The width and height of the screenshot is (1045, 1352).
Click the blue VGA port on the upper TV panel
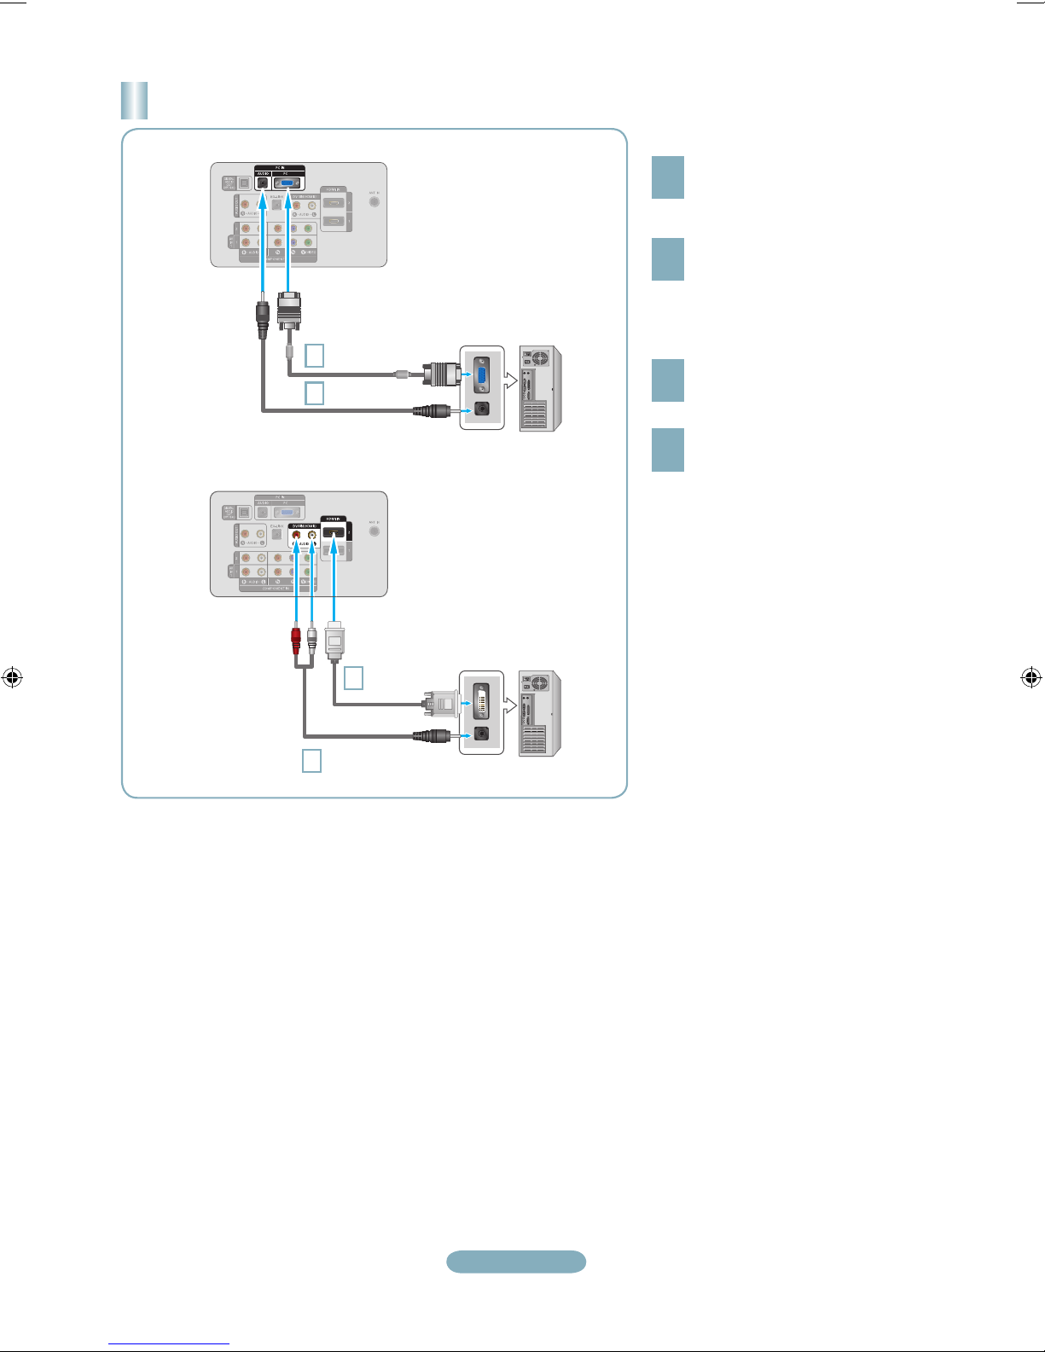pos(289,183)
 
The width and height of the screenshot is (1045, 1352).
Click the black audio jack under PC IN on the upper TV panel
pos(263,183)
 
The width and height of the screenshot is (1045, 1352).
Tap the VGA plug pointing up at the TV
pos(289,310)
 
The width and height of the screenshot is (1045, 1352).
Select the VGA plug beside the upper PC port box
pos(442,374)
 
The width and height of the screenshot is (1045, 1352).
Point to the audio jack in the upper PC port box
pos(482,409)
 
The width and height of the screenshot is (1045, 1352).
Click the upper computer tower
pos(541,388)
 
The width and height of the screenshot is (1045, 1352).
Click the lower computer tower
pos(541,713)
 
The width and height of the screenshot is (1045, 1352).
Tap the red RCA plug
pos(296,639)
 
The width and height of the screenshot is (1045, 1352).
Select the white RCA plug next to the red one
pos(312,639)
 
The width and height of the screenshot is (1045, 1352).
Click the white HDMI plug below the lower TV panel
pos(334,641)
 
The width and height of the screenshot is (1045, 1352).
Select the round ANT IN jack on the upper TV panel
pos(374,202)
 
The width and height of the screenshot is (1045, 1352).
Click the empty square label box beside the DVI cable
pos(353,678)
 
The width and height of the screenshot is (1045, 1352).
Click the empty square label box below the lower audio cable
pos(312,760)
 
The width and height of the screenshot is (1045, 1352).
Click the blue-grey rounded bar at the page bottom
pos(516,1262)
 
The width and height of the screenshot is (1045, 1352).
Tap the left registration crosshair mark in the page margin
pos(12,678)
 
